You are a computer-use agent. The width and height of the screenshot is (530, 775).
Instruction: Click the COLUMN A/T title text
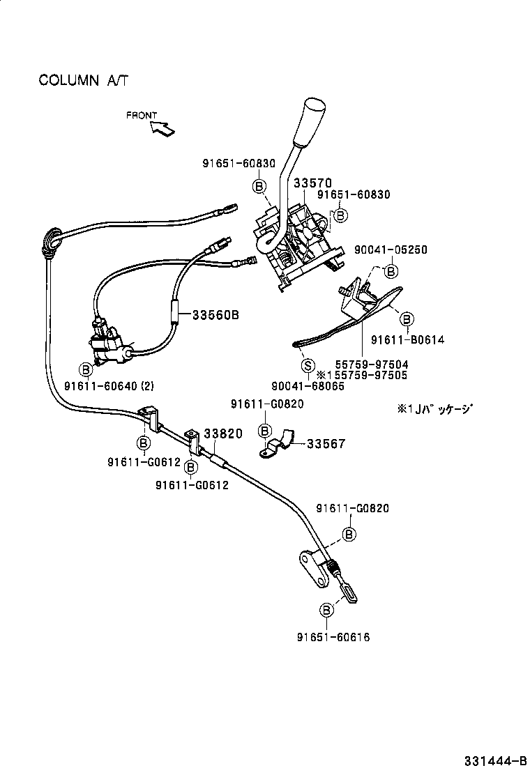[x=84, y=80]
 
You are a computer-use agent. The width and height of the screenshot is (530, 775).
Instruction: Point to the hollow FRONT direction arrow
[x=162, y=128]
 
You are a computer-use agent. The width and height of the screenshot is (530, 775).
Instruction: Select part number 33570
[x=312, y=183]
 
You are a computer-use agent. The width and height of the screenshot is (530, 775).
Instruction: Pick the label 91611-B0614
[x=407, y=339]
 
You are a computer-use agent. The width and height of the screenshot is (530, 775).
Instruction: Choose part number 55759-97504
[x=371, y=364]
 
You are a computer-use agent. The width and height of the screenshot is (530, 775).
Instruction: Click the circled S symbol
[x=307, y=365]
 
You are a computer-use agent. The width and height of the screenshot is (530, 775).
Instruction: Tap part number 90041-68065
[x=308, y=385]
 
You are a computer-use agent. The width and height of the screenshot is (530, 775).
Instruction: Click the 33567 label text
[x=326, y=443]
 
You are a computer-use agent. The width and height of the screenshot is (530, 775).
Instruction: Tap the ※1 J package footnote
[x=434, y=409]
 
